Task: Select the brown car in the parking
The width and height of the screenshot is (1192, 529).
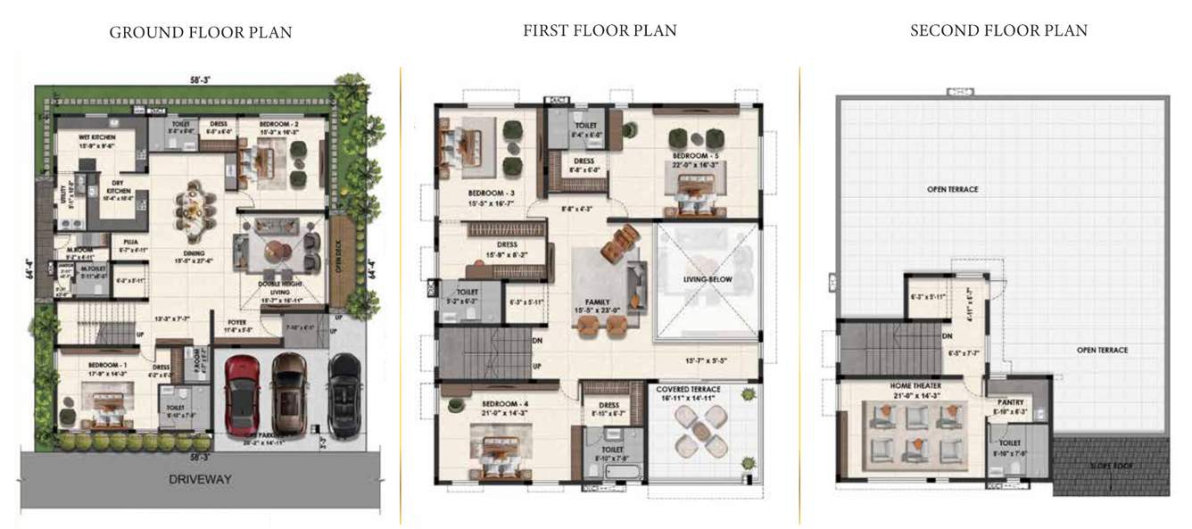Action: pyautogui.click(x=287, y=393)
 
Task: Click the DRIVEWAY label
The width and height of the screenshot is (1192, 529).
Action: pyautogui.click(x=200, y=479)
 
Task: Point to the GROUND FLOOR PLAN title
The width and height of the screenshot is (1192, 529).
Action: pyautogui.click(x=201, y=33)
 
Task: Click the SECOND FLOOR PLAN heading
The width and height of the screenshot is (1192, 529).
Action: pyautogui.click(x=998, y=31)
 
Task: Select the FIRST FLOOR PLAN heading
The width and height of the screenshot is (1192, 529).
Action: pyautogui.click(x=600, y=31)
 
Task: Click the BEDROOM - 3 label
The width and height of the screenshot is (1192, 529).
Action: pyautogui.click(x=492, y=193)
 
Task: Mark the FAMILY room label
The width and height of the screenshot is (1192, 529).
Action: pyautogui.click(x=598, y=302)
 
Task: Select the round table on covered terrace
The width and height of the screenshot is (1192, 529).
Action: pyautogui.click(x=699, y=435)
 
